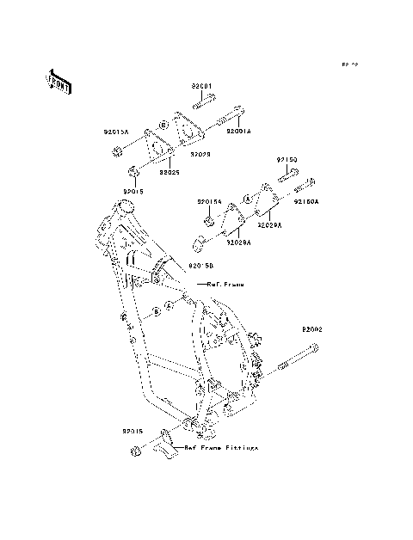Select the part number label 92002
pos(312,329)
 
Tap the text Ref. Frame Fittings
pos(219,448)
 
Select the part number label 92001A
pos(239,132)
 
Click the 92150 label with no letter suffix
pos(287,160)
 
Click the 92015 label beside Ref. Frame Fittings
pos(133,429)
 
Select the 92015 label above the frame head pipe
pos(133,191)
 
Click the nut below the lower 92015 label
pos(134,452)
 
